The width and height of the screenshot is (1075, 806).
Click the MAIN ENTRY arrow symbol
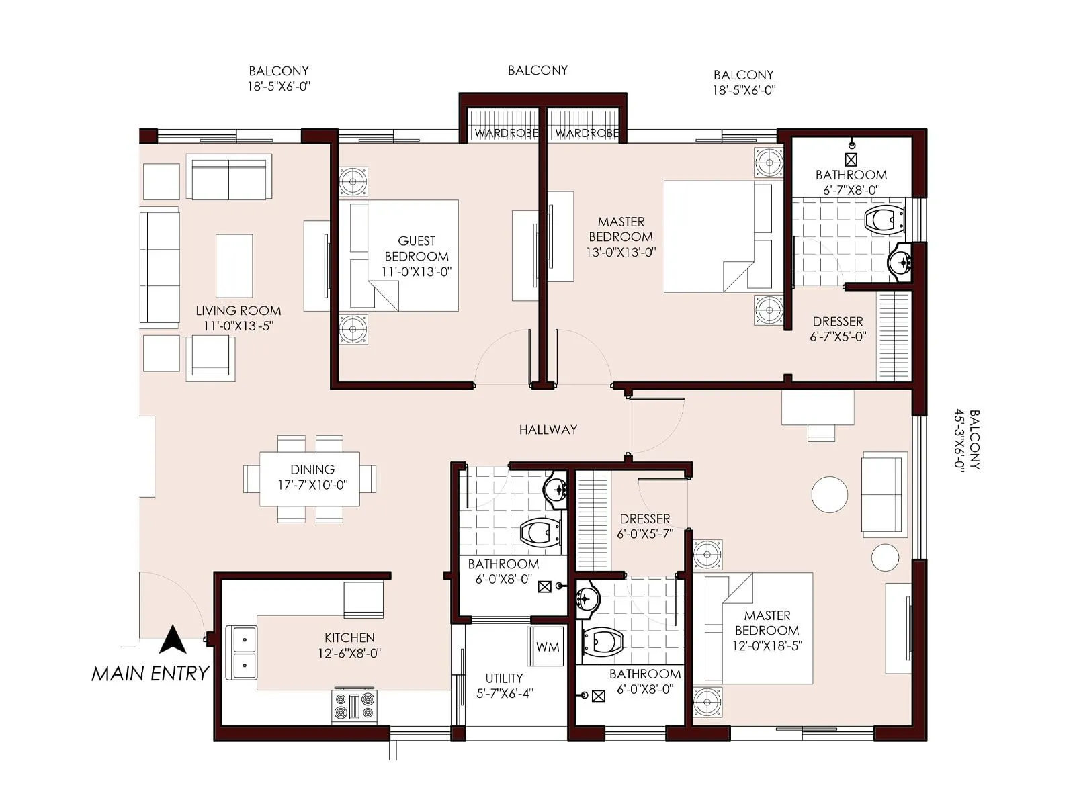coord(173,640)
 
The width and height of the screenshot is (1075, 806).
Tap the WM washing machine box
coord(546,647)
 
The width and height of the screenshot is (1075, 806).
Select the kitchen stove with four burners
coord(354,706)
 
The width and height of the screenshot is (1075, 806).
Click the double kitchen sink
coord(244,652)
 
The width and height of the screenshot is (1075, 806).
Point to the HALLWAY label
coord(548,430)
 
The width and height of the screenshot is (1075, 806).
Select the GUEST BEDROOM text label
coord(417,249)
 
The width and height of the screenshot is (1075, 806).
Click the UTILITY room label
coord(504,678)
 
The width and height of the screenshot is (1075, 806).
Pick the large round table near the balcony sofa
coord(830,494)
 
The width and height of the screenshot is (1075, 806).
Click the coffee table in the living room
coord(234,265)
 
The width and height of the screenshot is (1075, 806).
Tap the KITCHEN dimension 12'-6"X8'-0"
coord(349,654)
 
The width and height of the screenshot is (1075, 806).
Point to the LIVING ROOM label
coord(238,311)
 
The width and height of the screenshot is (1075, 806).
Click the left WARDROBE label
coord(505,133)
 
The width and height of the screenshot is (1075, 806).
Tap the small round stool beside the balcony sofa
coord(885,557)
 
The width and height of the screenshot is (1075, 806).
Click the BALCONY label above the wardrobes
coord(537,70)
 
